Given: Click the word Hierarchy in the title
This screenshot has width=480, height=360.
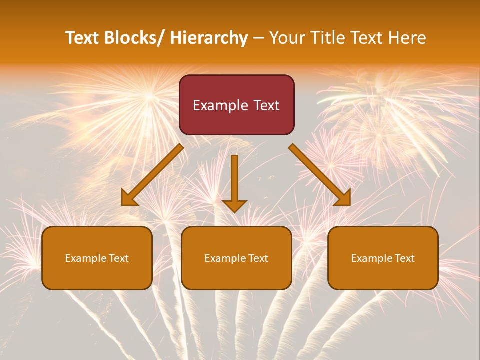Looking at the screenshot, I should tap(209, 38).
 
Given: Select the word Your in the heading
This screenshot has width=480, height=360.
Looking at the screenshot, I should tap(287, 38).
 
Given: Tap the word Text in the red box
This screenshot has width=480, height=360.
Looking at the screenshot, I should tap(266, 106).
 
